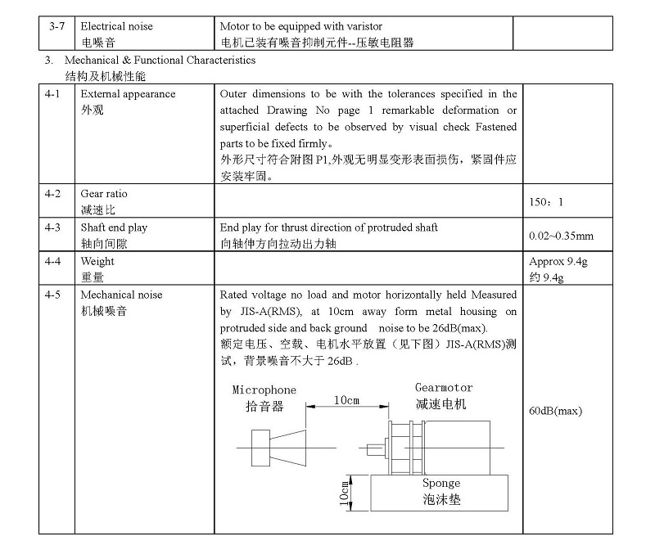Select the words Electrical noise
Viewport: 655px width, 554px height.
click(x=116, y=27)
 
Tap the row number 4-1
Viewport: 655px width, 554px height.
click(x=53, y=94)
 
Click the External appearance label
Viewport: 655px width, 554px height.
click(x=128, y=94)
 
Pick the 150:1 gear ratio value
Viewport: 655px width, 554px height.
click(x=546, y=201)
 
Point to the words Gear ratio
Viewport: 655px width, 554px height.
click(x=104, y=194)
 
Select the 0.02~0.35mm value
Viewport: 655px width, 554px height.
click(x=561, y=236)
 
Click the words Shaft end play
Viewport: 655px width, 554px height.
click(x=114, y=227)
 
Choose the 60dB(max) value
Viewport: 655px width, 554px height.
click(x=556, y=412)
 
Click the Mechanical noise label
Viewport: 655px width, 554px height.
click(x=121, y=295)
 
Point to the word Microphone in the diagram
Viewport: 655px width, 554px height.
click(x=264, y=390)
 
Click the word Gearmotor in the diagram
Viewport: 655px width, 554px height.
click(x=444, y=388)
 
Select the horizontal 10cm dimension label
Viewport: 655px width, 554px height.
click(x=346, y=400)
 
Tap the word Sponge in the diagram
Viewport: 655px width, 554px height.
click(x=441, y=484)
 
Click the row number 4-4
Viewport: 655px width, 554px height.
click(x=53, y=262)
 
